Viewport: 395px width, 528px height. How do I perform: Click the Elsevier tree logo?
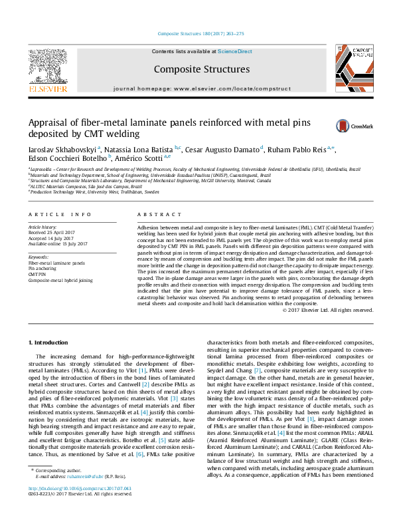click(47, 66)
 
